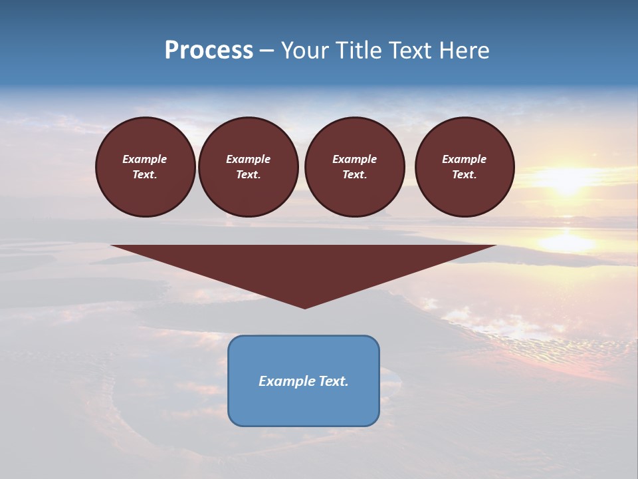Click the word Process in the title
[209, 51]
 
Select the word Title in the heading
[362, 51]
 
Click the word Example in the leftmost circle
[145, 159]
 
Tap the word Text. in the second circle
[248, 175]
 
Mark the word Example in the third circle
[354, 159]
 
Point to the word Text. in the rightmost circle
[465, 175]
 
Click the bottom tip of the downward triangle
[305, 307]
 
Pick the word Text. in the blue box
[334, 381]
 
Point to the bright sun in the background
[566, 178]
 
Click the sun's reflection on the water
[565, 241]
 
